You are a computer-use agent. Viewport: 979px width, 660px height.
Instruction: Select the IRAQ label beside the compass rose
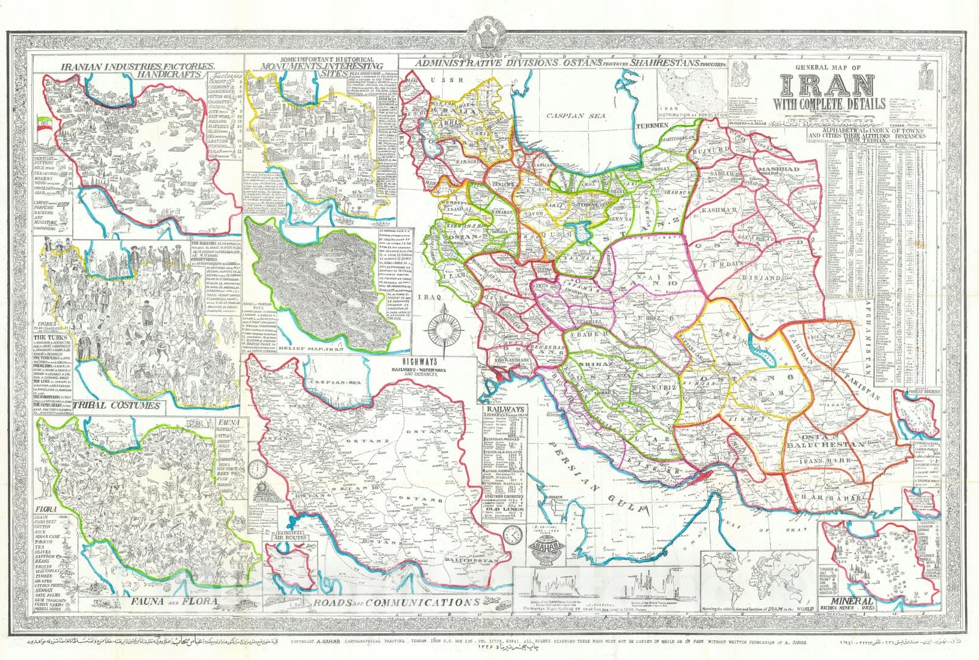[x=426, y=298]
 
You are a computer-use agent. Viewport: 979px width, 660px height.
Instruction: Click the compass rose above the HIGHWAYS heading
[x=445, y=331]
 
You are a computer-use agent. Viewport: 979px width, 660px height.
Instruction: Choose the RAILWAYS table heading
[x=504, y=409]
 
